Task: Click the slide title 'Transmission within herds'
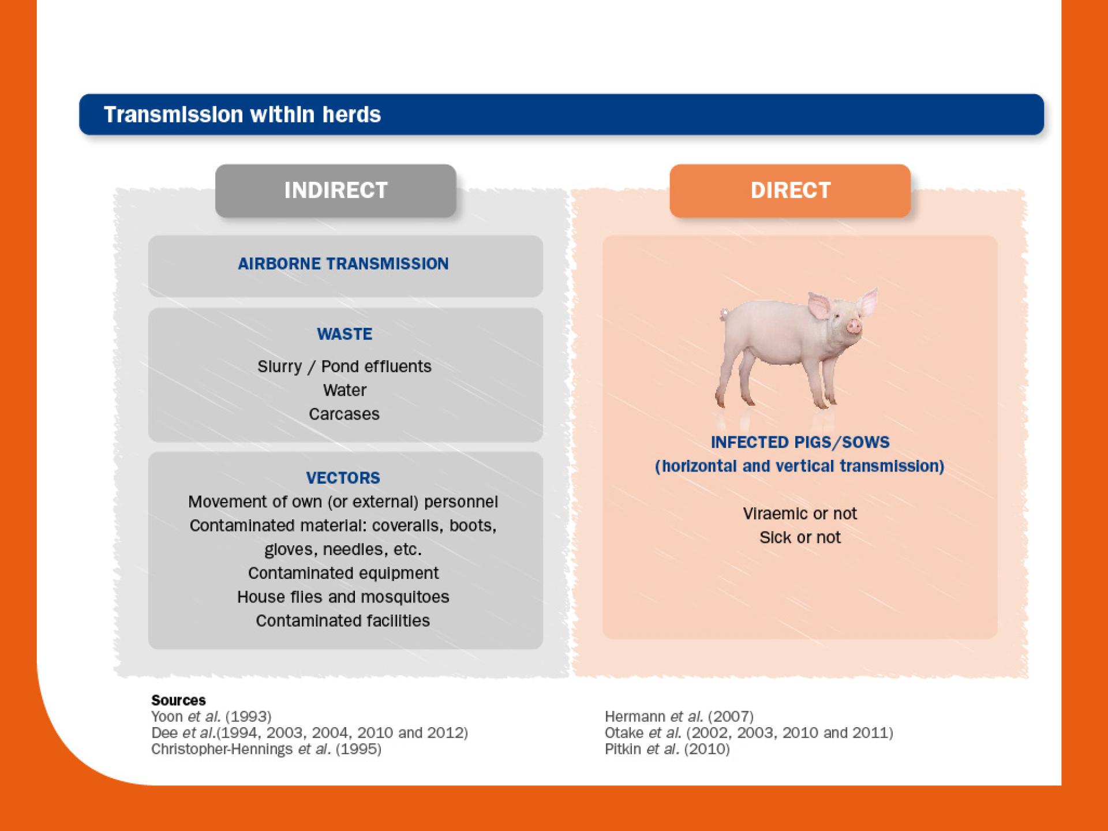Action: (x=242, y=115)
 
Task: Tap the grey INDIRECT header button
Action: (x=335, y=190)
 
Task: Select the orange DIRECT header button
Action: (x=790, y=190)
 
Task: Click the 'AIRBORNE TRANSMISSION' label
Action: (x=343, y=264)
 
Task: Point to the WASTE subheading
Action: (x=345, y=334)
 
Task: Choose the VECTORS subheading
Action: (x=343, y=478)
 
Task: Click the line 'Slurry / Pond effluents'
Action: (x=345, y=366)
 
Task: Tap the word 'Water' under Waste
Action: (x=345, y=390)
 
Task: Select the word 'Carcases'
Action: (x=344, y=414)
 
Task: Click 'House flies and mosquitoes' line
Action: (x=343, y=597)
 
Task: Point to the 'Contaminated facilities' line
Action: (x=343, y=620)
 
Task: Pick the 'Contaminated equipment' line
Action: (x=343, y=573)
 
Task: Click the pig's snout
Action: (x=854, y=327)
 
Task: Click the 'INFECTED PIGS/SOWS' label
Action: (x=800, y=442)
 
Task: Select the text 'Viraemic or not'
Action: (x=800, y=514)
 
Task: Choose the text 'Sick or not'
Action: (x=800, y=537)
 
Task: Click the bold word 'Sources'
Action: (x=178, y=700)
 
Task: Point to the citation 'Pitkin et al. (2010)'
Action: (x=667, y=749)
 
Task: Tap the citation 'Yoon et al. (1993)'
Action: (x=211, y=717)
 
